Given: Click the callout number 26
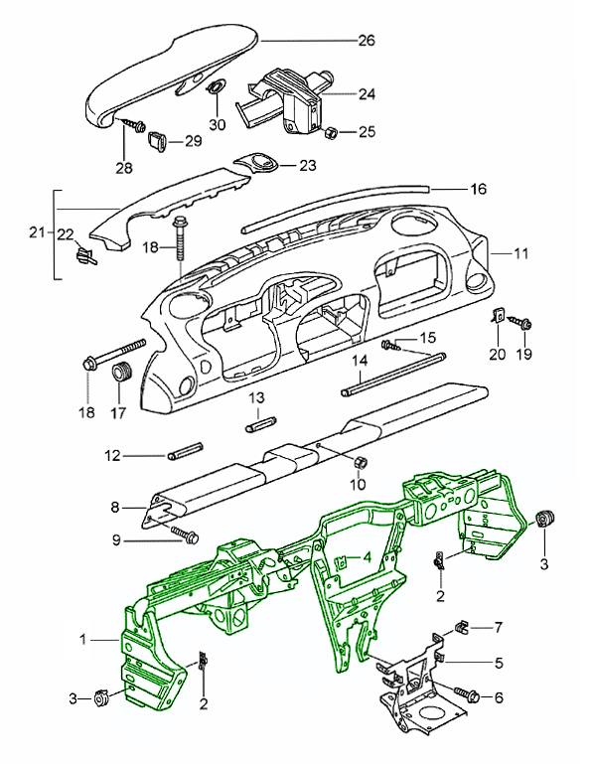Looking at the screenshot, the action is point(367,40).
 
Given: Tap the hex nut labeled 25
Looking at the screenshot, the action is point(331,132).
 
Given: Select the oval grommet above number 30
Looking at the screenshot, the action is point(216,87).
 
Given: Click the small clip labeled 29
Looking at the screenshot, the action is point(157,140).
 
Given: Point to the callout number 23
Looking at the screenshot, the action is point(308,166).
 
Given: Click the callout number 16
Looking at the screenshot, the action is point(478,189).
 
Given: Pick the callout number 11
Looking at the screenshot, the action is point(520,254).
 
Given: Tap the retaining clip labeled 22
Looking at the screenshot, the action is point(85,255).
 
